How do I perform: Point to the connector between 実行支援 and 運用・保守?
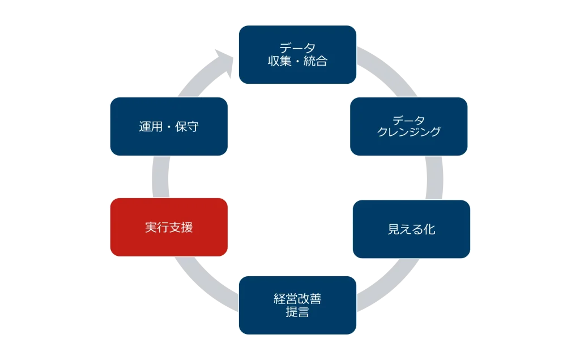coord(161,177)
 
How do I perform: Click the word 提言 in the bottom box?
coord(297,312)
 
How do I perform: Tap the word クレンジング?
coord(408,132)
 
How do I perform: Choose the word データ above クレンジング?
coord(408,120)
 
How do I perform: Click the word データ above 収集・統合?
coord(297,48)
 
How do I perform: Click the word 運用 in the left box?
coord(151,127)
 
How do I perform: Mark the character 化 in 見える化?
coord(429,229)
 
